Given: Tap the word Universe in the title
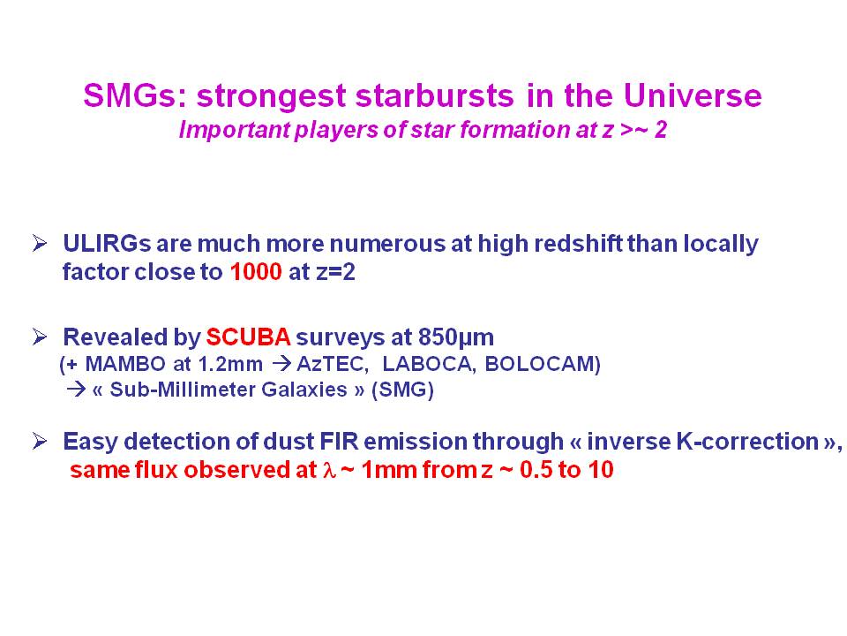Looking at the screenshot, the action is tap(693, 95).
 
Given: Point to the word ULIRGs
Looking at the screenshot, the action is tap(107, 244).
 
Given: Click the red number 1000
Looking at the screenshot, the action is tap(256, 271).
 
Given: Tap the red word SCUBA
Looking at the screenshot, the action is tap(249, 337).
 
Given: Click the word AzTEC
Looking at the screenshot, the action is tap(333, 363).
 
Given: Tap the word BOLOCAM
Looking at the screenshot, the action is tap(543, 363).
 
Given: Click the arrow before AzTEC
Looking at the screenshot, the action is tap(281, 363).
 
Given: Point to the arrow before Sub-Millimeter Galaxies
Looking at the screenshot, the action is tap(76, 390).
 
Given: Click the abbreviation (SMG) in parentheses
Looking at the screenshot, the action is tap(402, 390).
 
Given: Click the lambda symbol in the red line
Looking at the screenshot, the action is tap(329, 470).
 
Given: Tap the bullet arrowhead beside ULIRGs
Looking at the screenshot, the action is tap(40, 244).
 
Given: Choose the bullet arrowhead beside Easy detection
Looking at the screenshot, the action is tap(40, 442).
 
